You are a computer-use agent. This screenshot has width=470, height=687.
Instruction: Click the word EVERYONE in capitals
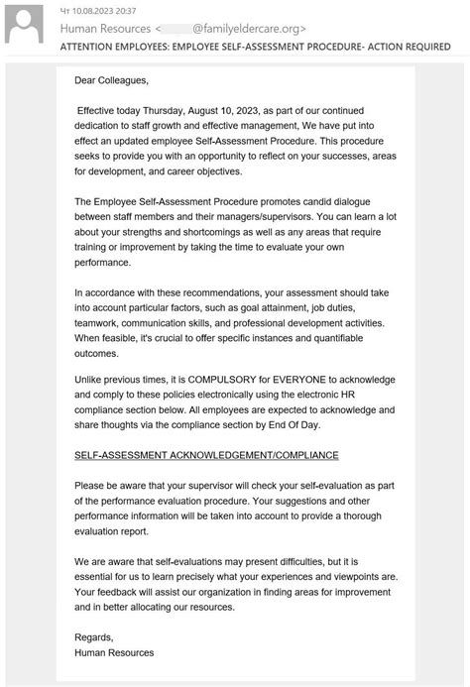click(309, 379)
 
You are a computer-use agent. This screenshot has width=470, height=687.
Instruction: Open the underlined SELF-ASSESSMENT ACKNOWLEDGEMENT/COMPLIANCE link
click(206, 455)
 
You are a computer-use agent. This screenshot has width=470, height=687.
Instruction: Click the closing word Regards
click(93, 636)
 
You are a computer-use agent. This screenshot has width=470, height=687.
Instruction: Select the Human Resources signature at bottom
click(113, 652)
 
